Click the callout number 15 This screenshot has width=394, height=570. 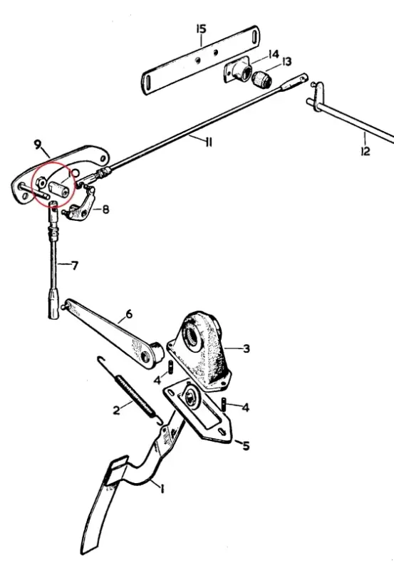point(201,28)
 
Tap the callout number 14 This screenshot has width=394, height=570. point(274,54)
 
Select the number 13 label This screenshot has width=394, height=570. point(287,62)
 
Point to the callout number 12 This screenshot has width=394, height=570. point(366,151)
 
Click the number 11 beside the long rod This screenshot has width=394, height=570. point(208,142)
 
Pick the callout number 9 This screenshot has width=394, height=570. point(38,145)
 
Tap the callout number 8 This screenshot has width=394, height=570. point(105,209)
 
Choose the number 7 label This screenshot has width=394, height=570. point(75,266)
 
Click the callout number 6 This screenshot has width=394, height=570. point(129,313)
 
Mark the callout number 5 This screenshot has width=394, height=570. point(246,445)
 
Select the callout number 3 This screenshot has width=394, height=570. point(247,348)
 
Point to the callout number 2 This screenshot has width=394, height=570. point(116,410)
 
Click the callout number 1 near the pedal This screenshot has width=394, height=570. point(162,489)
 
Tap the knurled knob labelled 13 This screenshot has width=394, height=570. point(261,80)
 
